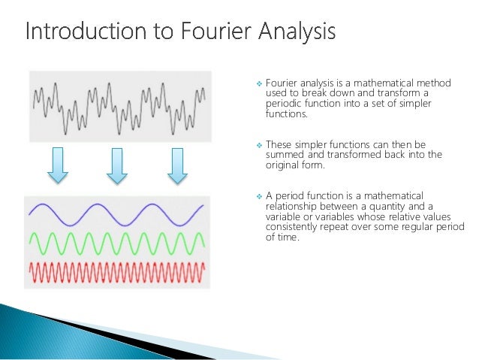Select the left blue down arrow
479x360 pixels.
point(58,166)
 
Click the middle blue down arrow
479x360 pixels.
point(116,166)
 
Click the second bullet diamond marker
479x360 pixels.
point(259,144)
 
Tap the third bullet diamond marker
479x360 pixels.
point(259,195)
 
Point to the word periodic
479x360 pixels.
point(283,104)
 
